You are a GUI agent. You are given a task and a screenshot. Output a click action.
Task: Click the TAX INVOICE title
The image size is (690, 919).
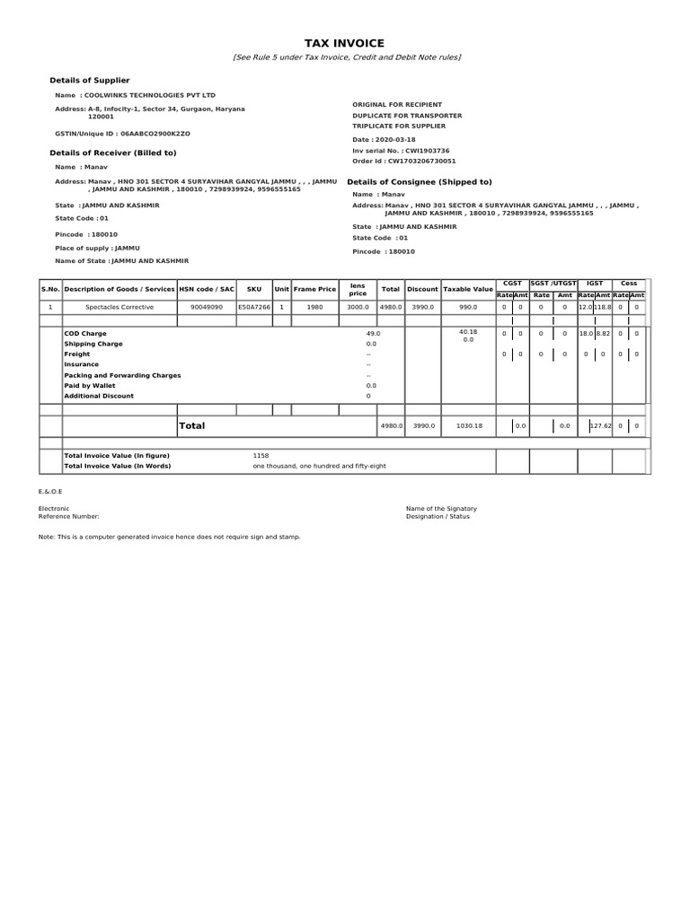pyautogui.click(x=344, y=43)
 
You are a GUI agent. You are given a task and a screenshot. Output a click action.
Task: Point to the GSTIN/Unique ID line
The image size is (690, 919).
pyautogui.click(x=122, y=133)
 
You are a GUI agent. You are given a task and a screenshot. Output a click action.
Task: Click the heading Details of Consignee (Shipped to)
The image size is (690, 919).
pyautogui.click(x=419, y=181)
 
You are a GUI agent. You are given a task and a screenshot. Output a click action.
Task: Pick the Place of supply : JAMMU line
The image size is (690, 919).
pyautogui.click(x=97, y=248)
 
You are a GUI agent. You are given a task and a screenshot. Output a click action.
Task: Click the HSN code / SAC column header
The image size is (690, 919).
pyautogui.click(x=206, y=289)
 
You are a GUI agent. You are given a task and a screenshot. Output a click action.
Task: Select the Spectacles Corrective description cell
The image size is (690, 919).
pyautogui.click(x=119, y=307)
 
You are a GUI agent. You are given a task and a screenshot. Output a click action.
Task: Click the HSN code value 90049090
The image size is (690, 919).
pyautogui.click(x=206, y=307)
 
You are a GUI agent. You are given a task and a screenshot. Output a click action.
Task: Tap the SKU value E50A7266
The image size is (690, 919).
pyautogui.click(x=254, y=307)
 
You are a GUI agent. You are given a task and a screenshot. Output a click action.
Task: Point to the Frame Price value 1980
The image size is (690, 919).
pyautogui.click(x=314, y=307)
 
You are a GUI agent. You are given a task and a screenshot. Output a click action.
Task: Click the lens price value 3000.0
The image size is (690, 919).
pyautogui.click(x=358, y=307)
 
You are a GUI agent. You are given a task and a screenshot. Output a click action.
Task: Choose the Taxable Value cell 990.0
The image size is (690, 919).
pyautogui.click(x=468, y=307)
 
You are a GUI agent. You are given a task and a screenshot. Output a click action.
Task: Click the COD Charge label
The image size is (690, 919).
pyautogui.click(x=85, y=334)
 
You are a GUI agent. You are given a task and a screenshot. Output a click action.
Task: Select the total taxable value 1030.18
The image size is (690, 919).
pyautogui.click(x=468, y=425)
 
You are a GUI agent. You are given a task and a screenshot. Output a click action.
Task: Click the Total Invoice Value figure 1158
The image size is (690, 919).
pyautogui.click(x=261, y=456)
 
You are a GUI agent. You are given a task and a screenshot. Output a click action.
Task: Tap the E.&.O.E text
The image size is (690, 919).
pyautogui.click(x=50, y=492)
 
